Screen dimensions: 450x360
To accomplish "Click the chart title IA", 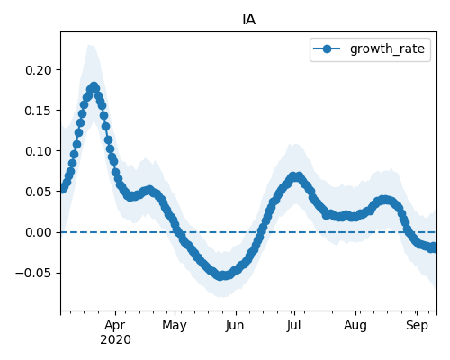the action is coord(248,20).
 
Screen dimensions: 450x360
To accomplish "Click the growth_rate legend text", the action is coord(387,49).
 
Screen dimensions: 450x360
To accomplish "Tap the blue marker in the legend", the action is coord(327,49).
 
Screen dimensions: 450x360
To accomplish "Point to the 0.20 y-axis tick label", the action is coord(39,70).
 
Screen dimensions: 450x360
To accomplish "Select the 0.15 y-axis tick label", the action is coord(39,111).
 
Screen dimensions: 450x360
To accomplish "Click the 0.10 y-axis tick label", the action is coord(39,151).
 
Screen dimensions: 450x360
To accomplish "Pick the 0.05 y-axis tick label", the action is coord(39,192).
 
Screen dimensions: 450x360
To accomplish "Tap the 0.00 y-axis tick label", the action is coord(39,232).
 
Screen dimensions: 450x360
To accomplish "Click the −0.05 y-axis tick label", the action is coord(34,273).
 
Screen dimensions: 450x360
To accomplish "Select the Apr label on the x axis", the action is coord(115,326).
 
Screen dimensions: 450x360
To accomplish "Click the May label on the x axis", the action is coord(175,326).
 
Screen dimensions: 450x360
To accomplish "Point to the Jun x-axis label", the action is coord(235,326).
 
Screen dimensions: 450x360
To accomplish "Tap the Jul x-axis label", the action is coord(293,326).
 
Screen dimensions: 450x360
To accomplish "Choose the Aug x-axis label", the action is coord(355,326).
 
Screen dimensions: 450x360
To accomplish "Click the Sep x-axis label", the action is coord(417,326).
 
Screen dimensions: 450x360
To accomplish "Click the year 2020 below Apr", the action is coord(115,340).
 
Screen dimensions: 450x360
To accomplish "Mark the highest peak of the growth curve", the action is coord(94,86).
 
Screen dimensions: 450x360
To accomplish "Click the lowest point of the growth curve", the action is coord(221,276).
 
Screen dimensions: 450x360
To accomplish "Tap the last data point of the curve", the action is coord(435,248).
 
